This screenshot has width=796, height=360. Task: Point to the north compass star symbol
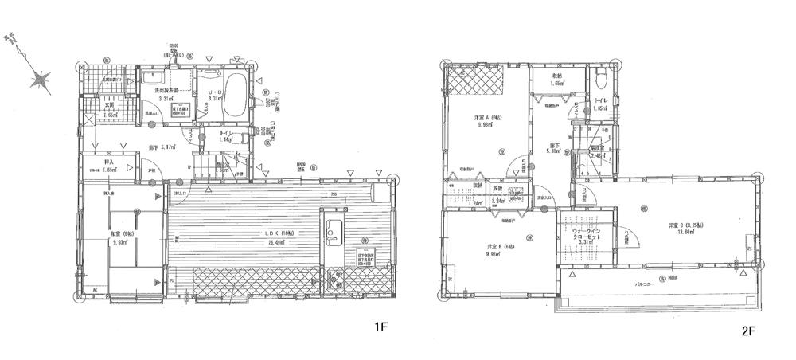click(40, 80)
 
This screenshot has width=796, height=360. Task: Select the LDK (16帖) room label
click(279, 233)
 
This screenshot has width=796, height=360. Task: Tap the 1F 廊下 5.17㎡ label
click(164, 147)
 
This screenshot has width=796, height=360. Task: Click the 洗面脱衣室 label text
click(166, 92)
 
